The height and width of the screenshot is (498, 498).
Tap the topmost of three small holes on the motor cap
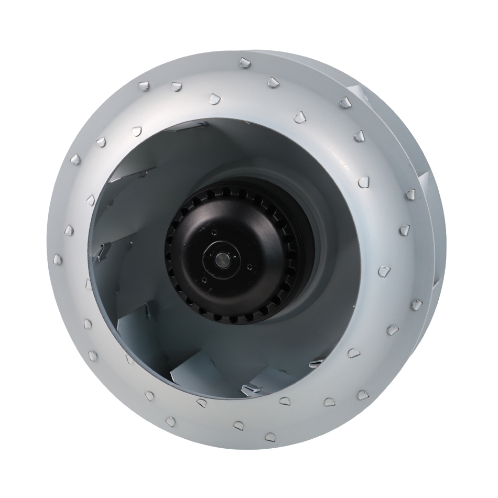point(214,231)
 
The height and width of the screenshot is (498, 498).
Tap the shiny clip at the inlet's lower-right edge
point(316,363)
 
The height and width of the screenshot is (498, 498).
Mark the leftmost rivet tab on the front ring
point(58,258)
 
